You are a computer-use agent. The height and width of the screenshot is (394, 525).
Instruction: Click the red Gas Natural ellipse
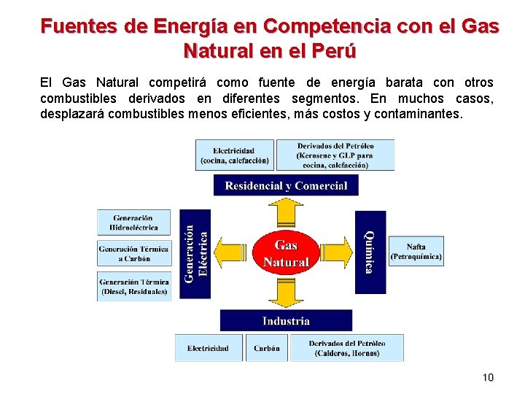286,252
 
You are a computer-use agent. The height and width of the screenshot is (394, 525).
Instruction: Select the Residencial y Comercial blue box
286,185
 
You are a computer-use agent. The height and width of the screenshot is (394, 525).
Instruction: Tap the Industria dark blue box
286,321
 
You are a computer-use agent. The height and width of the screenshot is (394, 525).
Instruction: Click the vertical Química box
370,252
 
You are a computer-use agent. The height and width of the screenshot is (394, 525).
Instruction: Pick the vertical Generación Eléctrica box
195,253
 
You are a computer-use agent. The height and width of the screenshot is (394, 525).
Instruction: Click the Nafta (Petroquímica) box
416,252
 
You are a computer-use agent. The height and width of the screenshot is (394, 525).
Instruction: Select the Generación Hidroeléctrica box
133,222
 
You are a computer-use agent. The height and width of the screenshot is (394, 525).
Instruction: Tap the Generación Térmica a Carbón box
133,254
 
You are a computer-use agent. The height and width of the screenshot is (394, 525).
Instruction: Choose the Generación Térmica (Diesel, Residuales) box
133,286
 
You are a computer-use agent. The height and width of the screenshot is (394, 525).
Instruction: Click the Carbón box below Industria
266,348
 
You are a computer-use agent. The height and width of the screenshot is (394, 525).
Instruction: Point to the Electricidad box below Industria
209,348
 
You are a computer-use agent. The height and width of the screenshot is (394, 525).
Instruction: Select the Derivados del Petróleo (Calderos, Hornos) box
346,348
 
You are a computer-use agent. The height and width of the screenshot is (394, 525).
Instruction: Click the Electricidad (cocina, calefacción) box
234,155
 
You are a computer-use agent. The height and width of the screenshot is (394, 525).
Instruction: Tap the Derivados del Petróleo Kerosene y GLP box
335,155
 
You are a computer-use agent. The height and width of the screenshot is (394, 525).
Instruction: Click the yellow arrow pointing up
286,212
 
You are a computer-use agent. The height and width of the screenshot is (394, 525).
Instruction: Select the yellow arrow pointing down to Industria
286,292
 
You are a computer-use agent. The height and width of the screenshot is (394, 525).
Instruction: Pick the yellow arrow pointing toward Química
337,252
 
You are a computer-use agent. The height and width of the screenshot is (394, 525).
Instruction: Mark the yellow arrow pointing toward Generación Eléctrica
232,252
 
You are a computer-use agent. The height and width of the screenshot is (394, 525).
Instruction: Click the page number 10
488,377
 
